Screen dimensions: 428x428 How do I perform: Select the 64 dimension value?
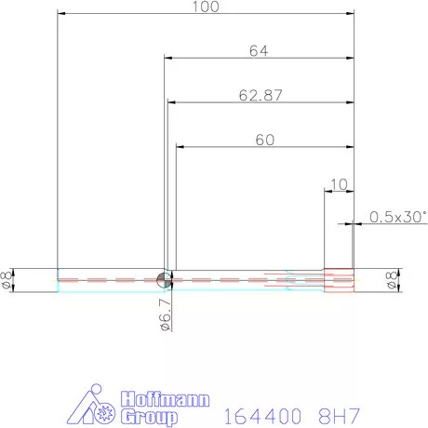click(x=259, y=51)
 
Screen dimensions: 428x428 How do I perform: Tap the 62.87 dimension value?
click(x=260, y=95)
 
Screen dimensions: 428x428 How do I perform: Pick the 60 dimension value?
click(x=264, y=140)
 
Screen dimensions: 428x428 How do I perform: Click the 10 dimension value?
click(x=337, y=184)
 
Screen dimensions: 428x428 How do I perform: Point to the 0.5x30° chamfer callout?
click(x=397, y=217)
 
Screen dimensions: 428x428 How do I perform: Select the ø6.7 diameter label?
click(x=163, y=314)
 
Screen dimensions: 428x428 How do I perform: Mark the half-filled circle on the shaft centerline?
click(x=163, y=279)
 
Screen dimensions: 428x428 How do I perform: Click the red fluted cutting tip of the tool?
click(x=340, y=280)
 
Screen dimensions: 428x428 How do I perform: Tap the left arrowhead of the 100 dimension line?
click(x=61, y=13)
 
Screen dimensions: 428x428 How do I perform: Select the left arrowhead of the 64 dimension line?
click(x=168, y=59)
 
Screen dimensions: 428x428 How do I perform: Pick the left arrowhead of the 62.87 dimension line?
click(x=171, y=102)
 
